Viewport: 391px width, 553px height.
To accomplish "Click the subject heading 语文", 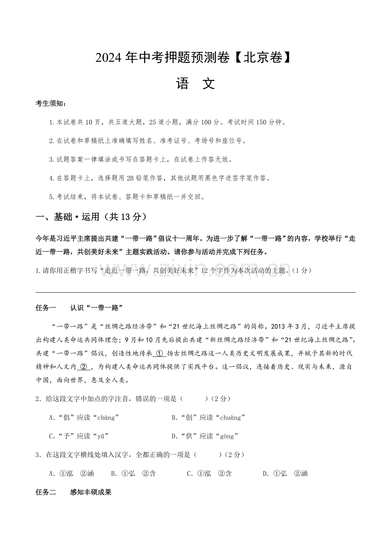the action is click(x=195, y=84).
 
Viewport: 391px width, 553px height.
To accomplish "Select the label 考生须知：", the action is click(x=51, y=104).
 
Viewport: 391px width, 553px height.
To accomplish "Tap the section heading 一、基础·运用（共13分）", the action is click(x=91, y=217).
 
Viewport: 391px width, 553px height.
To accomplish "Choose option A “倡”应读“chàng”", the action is click(x=84, y=418).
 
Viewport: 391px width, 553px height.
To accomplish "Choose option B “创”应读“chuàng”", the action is click(x=208, y=418).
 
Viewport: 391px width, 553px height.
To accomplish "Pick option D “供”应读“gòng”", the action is click(x=205, y=436).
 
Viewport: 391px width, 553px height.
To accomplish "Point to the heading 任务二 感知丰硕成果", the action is click(x=74, y=492).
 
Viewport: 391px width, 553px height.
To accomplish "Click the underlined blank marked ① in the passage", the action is click(x=159, y=353).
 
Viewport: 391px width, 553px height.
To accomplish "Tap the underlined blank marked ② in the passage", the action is click(x=84, y=367).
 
